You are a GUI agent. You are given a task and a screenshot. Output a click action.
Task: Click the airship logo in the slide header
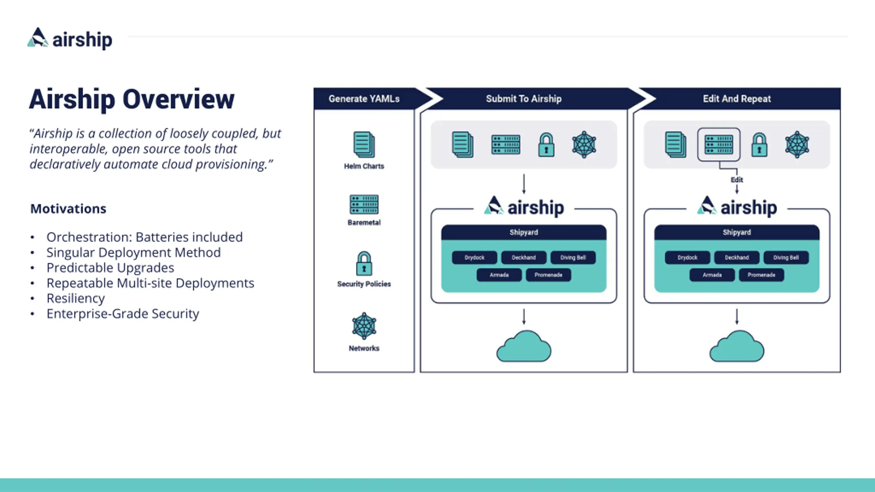[x=70, y=39]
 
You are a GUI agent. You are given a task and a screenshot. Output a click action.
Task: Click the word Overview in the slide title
[x=178, y=99]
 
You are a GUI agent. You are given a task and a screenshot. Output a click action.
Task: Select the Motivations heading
[x=68, y=208]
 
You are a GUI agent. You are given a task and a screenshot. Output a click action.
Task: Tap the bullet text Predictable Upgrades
[x=110, y=268]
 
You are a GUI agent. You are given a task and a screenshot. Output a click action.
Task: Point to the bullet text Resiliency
[x=76, y=298]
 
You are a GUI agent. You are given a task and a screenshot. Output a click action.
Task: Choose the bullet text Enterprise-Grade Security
[x=123, y=314]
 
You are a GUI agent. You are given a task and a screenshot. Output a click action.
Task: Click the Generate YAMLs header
[x=364, y=99]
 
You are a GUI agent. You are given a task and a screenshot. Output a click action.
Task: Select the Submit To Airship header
[x=524, y=99]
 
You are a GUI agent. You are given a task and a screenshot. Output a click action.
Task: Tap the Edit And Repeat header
[x=737, y=99]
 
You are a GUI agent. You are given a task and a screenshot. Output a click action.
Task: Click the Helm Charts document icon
[x=364, y=145]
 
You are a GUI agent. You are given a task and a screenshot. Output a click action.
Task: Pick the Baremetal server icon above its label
[x=364, y=204]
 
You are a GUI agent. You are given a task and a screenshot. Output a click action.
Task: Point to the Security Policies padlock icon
[x=364, y=263]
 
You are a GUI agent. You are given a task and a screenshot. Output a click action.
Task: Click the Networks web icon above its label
[x=364, y=326]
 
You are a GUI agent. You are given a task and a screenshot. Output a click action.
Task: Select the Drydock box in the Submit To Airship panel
[x=474, y=258]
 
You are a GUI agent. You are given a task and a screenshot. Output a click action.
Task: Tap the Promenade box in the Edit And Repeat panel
[x=762, y=275]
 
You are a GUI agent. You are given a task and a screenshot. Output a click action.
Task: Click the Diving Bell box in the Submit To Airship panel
[x=573, y=258]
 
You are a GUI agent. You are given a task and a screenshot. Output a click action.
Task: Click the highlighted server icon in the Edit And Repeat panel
[x=719, y=145]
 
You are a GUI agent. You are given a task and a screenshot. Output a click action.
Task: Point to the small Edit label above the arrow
[x=737, y=180]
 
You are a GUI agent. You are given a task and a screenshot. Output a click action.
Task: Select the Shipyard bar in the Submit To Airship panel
[x=524, y=232]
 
